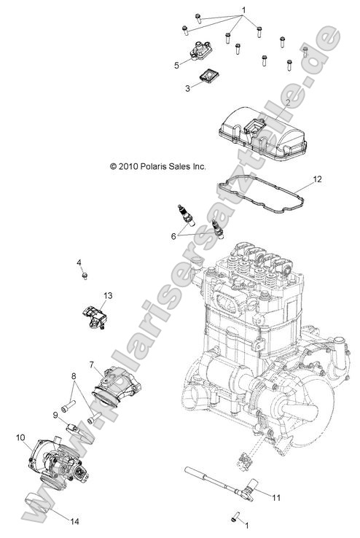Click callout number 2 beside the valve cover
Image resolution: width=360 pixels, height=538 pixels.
click(x=288, y=104)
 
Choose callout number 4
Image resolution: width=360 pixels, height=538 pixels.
click(x=78, y=262)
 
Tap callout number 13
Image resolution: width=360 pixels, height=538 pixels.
click(x=107, y=295)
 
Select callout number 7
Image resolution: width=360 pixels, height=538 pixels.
click(x=92, y=363)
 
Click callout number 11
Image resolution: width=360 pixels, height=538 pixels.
click(x=275, y=498)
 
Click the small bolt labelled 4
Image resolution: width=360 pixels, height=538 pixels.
click(x=85, y=276)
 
